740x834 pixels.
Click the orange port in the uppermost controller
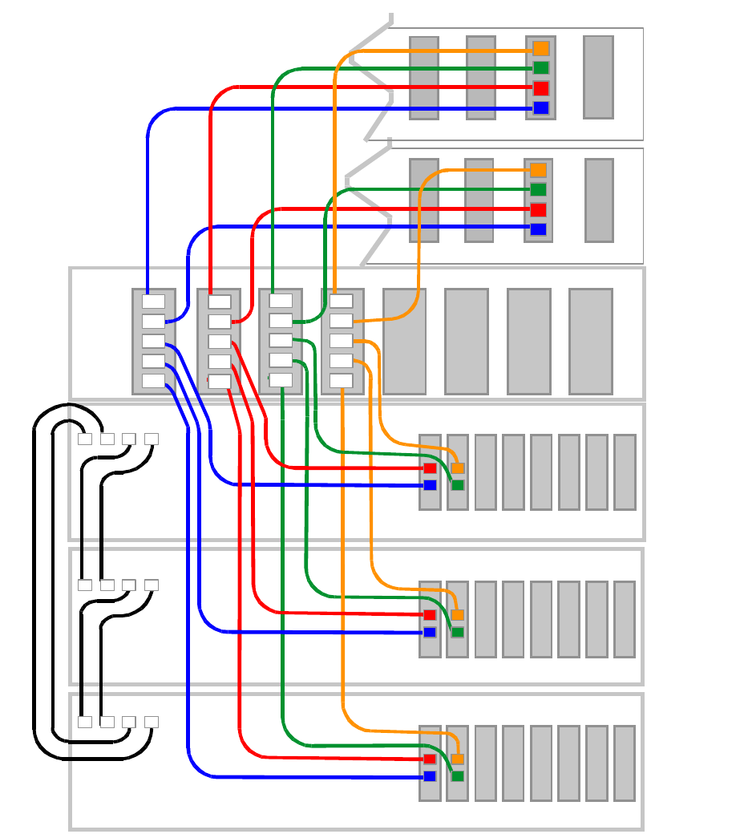point(540,48)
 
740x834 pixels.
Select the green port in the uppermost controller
point(540,68)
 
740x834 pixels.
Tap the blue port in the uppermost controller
point(540,107)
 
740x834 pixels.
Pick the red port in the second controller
point(538,209)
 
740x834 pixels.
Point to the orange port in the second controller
point(538,170)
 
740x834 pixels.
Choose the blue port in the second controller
point(538,229)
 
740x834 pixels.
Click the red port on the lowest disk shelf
point(430,759)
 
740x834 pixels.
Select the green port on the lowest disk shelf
point(458,776)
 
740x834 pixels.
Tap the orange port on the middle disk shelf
point(458,615)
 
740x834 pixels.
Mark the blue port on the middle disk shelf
point(430,632)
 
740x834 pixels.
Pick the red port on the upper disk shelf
point(430,468)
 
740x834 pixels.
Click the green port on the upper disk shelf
point(458,485)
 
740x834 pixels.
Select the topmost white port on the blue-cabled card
point(153,302)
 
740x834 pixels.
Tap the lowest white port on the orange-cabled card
point(342,380)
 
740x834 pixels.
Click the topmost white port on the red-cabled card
point(219,302)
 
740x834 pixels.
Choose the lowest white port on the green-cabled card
point(281,380)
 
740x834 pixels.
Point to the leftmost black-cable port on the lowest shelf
point(85,722)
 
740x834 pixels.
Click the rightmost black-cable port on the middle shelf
point(151,585)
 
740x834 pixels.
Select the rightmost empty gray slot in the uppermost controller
point(598,77)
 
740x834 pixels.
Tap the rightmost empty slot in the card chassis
point(590,342)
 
